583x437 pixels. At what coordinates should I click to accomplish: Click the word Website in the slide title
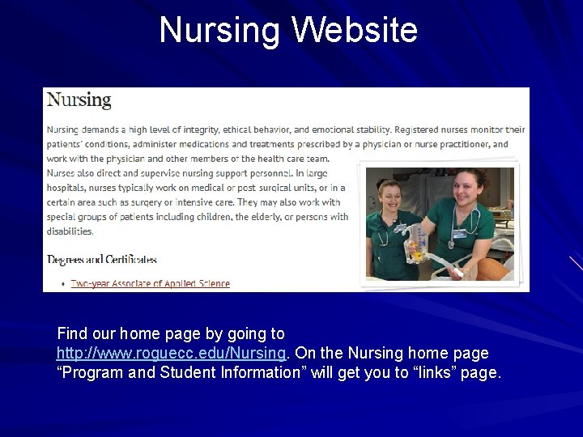point(355,30)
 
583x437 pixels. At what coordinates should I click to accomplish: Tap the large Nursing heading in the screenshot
point(79,100)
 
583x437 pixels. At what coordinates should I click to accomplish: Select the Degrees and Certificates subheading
point(102,260)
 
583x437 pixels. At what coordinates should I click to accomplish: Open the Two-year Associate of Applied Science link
point(151,283)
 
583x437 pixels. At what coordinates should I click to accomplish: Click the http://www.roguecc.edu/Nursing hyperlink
point(171,354)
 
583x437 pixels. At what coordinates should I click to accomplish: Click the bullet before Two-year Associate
point(64,284)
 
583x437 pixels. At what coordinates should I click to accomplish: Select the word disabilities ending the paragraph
point(70,231)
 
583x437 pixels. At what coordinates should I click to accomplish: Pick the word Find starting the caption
point(71,333)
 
